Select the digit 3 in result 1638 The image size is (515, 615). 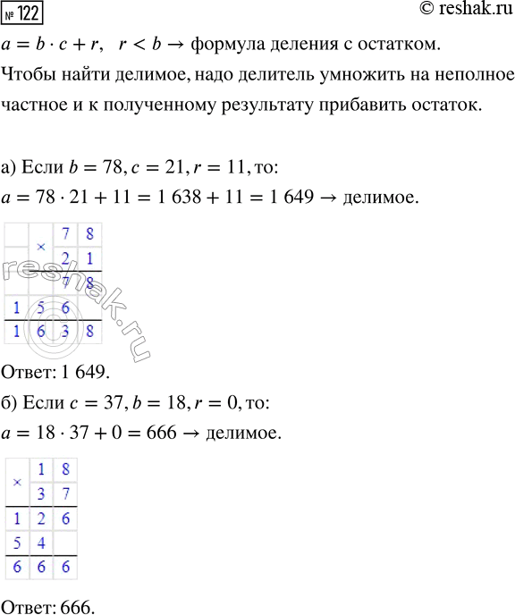pos(64,330)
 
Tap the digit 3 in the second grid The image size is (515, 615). pos(41,493)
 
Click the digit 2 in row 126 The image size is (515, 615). pos(41,519)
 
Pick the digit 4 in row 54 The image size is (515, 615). pos(41,543)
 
